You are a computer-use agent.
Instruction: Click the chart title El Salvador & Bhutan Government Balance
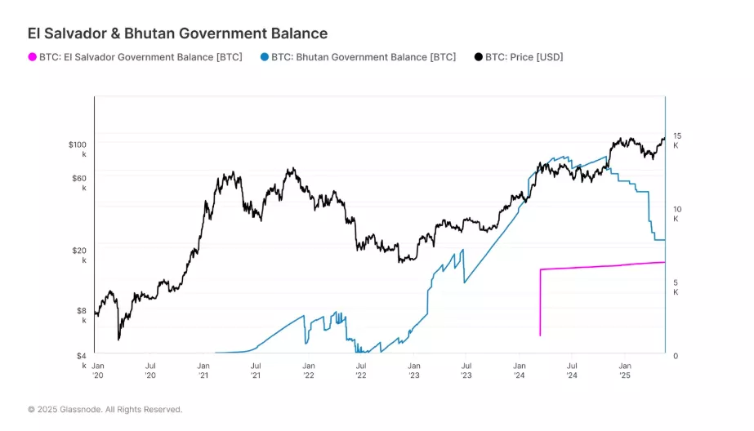[177, 33]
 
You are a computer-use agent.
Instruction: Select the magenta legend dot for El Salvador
[33, 57]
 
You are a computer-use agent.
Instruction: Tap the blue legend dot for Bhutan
[265, 57]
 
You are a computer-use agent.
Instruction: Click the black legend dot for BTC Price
[479, 57]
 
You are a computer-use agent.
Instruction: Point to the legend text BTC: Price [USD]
[524, 57]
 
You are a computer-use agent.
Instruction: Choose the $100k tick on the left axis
[78, 149]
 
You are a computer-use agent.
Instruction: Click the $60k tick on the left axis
[79, 182]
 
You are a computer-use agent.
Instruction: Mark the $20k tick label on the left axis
[79, 255]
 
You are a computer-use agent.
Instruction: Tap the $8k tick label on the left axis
[82, 315]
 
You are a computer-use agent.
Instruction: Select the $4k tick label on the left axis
[82, 360]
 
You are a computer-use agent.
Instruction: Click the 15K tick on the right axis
[677, 140]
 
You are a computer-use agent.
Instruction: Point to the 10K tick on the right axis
[677, 214]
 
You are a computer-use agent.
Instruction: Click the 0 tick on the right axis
[675, 356]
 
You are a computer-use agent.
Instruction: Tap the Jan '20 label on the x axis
[98, 371]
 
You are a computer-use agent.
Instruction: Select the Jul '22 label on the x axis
[360, 371]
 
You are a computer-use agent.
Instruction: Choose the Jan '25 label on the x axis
[625, 371]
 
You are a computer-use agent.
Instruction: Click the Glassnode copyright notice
[105, 409]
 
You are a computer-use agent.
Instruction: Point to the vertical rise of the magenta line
[540, 302]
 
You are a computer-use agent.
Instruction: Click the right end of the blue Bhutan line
[663, 240]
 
